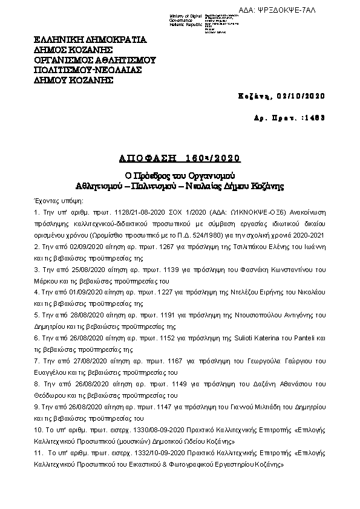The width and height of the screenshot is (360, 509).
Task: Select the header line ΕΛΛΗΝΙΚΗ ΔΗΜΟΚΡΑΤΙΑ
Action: (x=90, y=42)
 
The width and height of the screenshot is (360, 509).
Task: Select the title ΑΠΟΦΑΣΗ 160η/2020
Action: (x=180, y=158)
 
